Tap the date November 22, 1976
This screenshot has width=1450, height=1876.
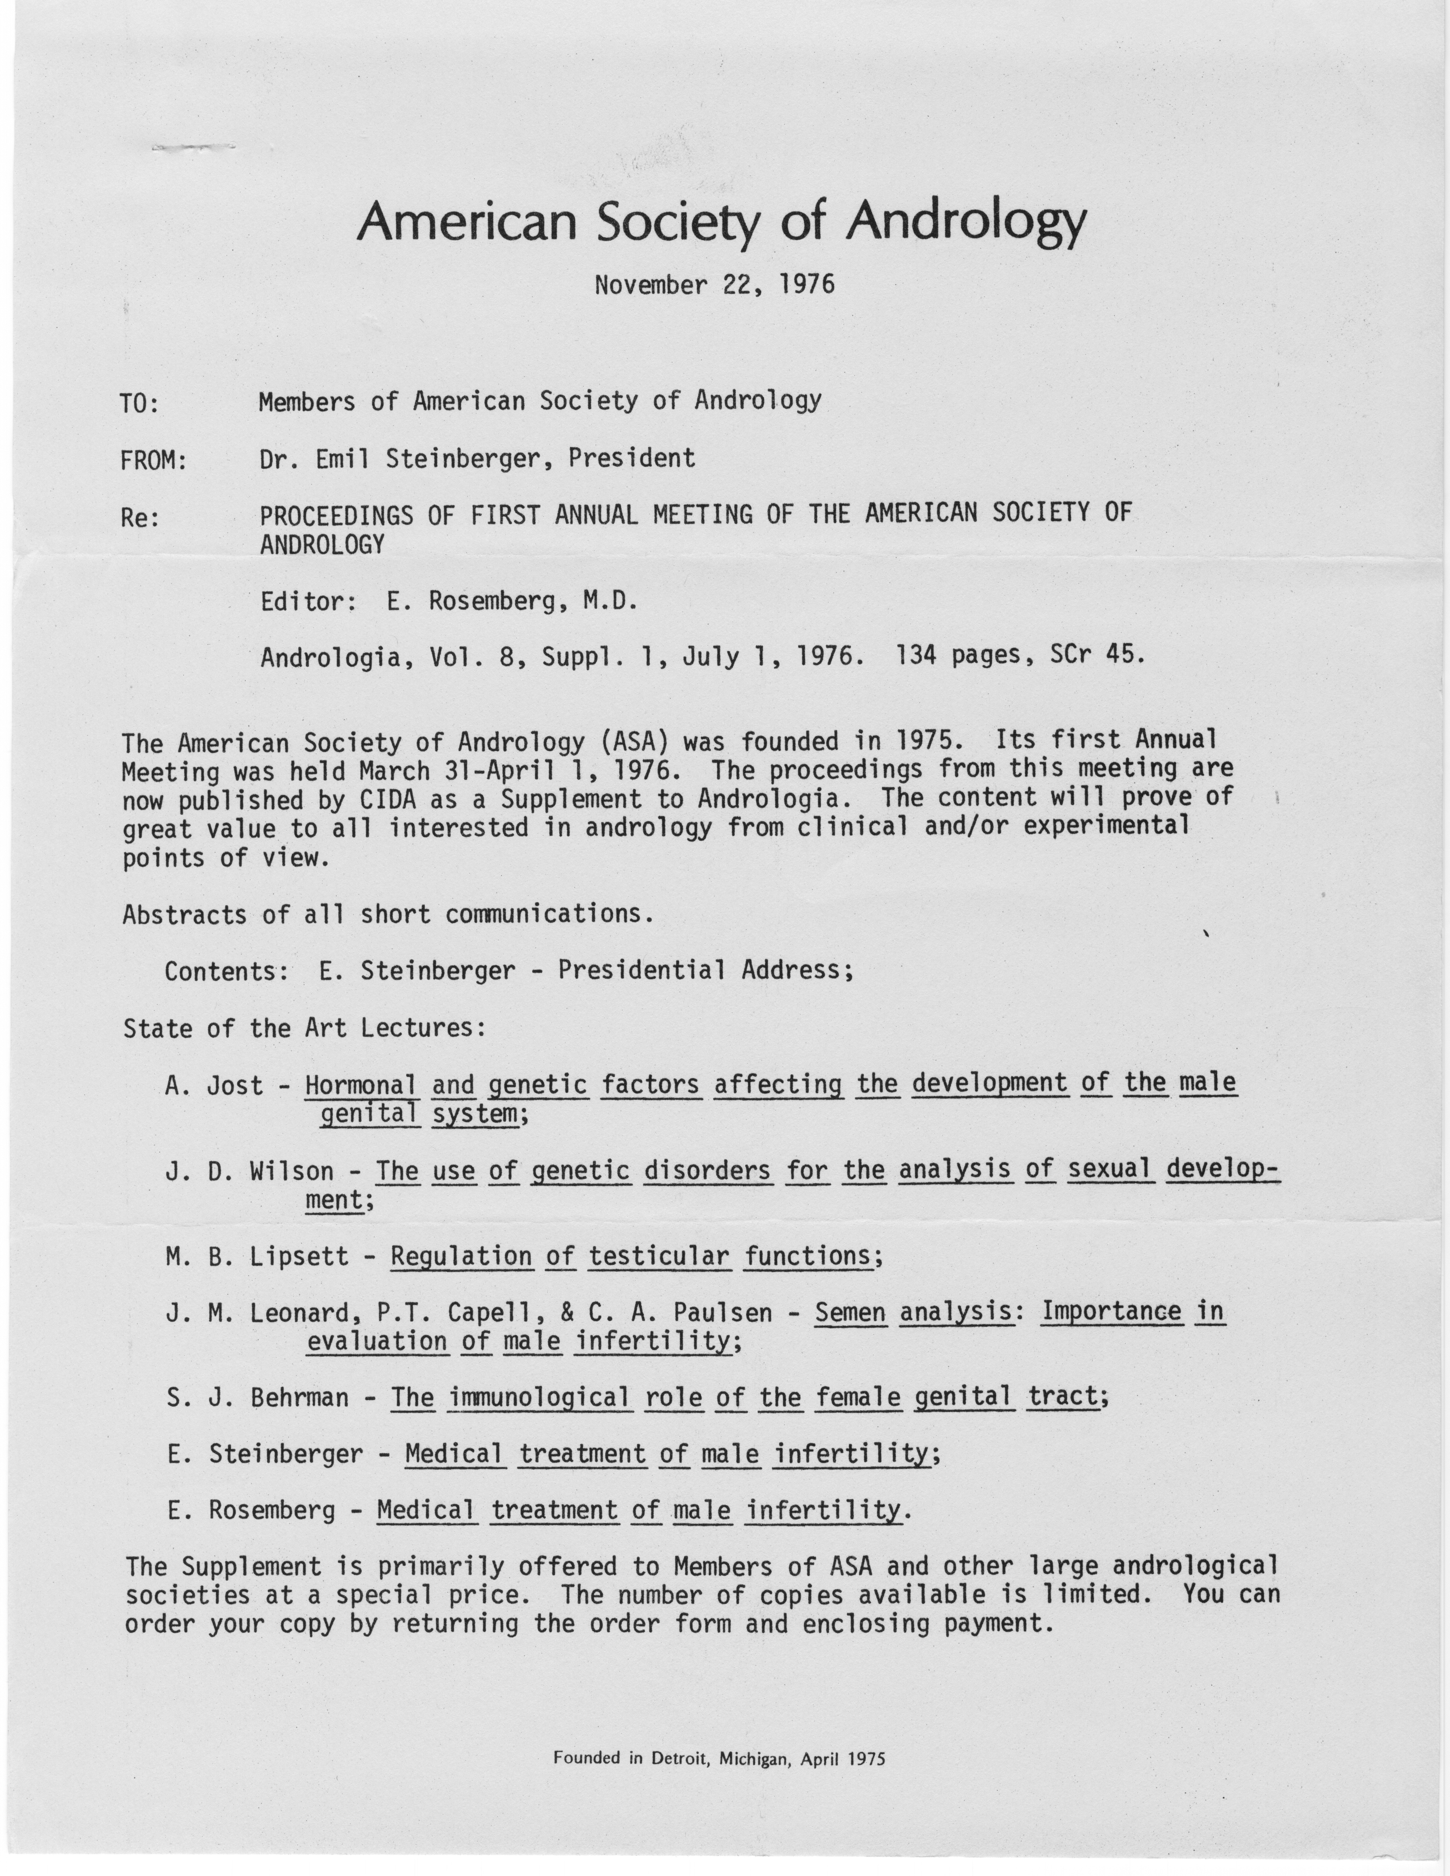click(x=714, y=284)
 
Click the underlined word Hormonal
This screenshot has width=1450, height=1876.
click(x=361, y=1086)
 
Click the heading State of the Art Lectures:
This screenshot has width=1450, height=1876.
click(x=305, y=1028)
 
